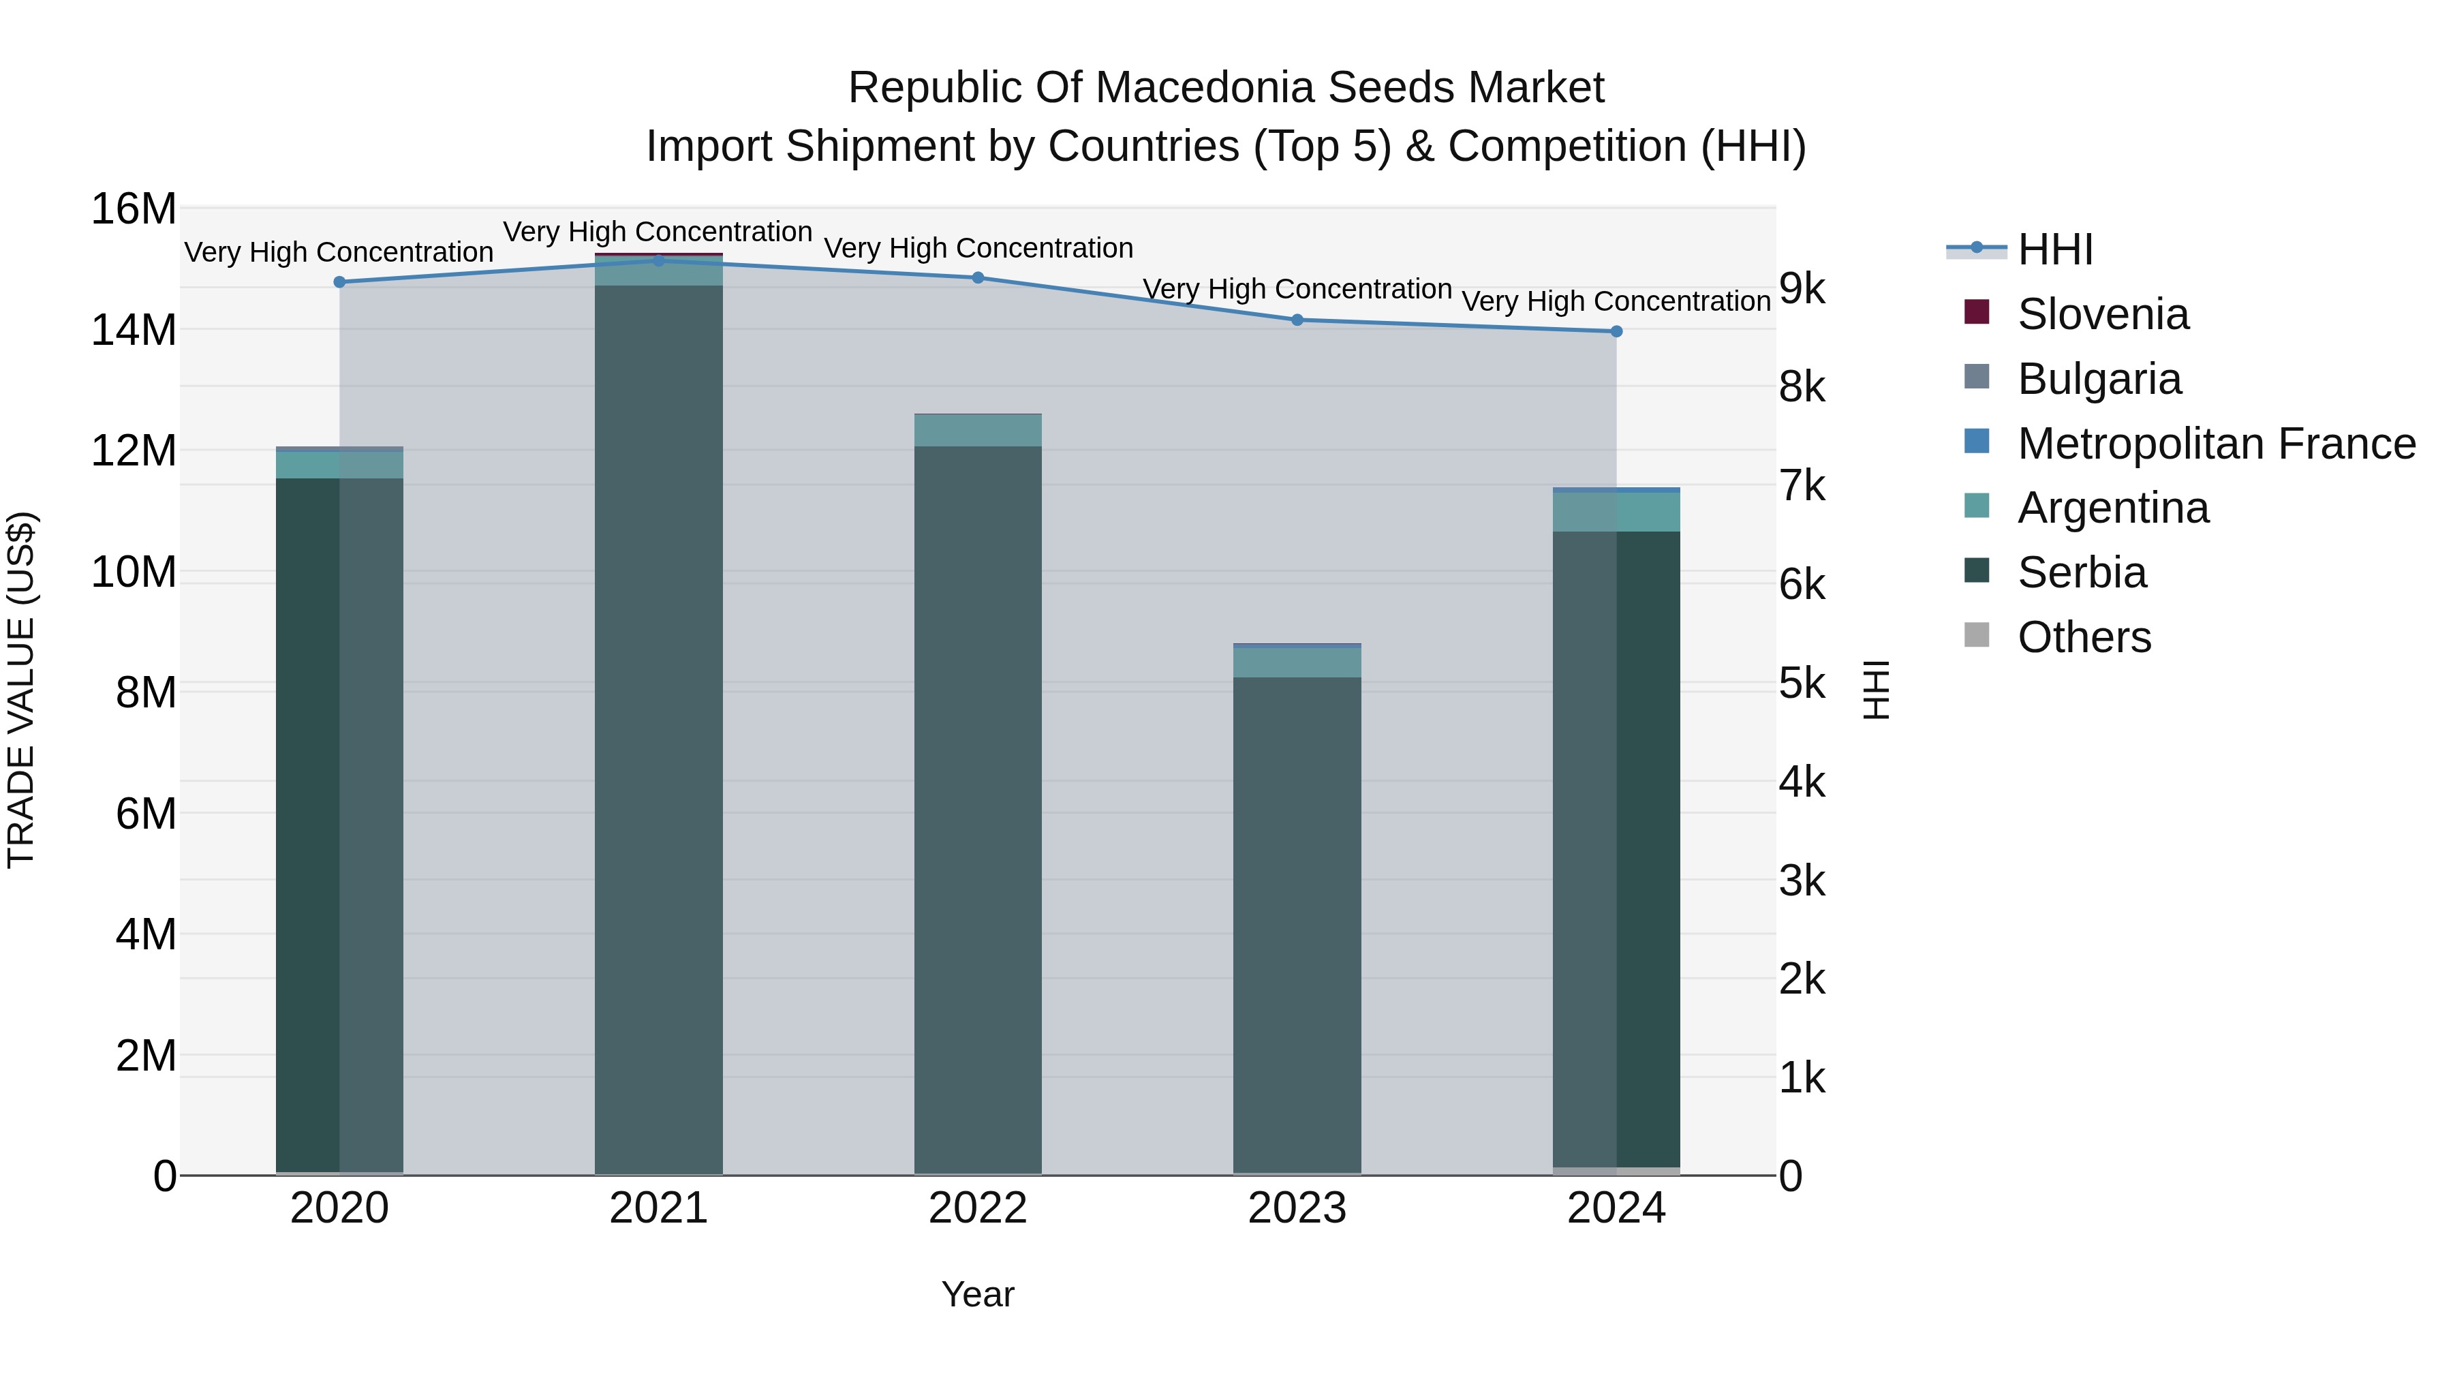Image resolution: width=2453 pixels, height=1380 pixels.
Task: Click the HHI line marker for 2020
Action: tap(339, 282)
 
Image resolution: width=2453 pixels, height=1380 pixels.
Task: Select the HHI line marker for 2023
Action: tap(1296, 320)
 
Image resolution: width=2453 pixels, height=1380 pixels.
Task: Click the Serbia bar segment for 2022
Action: tap(977, 810)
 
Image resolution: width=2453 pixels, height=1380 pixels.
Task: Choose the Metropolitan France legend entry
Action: tap(2215, 444)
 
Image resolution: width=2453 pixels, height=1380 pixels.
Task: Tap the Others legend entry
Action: tap(2084, 637)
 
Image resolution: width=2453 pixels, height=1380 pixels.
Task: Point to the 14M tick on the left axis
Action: tap(134, 331)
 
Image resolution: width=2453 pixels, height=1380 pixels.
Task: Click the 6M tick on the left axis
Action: tap(144, 814)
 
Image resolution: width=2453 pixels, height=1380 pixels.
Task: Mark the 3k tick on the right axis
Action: tap(1802, 881)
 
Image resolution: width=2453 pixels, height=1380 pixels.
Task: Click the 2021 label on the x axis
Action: tap(658, 1208)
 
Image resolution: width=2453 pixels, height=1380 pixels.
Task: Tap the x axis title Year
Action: tap(977, 1294)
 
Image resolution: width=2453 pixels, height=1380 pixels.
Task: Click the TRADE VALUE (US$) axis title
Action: tap(21, 690)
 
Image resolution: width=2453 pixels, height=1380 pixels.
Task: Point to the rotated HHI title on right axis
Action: tap(1875, 690)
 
